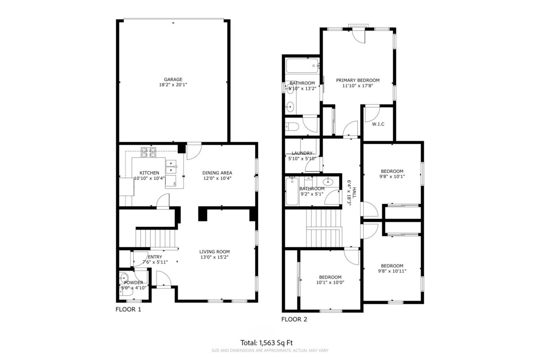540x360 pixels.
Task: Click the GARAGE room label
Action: pos(173,79)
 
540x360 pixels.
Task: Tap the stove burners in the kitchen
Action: pos(148,153)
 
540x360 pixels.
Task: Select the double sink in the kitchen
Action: pos(171,166)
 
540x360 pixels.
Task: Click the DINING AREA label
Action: pos(217,173)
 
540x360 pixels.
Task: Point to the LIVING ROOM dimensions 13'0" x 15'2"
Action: pos(215,257)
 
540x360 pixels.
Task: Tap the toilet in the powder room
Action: pos(126,292)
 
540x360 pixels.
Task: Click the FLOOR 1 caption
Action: pos(128,309)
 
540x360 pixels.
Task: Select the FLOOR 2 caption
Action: pos(294,319)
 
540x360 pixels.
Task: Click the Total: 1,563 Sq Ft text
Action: pos(266,342)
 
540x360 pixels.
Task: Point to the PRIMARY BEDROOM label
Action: pos(358,80)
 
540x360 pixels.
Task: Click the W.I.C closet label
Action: pos(378,124)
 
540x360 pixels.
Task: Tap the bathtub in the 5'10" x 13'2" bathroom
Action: pos(302,66)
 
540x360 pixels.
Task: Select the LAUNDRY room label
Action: pos(302,153)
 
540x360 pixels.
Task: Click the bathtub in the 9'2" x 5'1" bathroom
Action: pos(292,191)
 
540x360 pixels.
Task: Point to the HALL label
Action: pos(354,193)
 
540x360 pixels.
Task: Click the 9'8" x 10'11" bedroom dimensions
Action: pos(392,271)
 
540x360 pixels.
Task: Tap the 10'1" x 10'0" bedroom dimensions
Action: pos(330,282)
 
